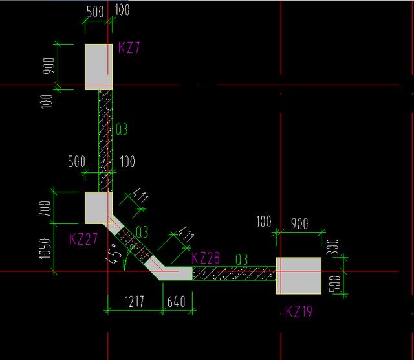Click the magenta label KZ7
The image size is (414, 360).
click(129, 49)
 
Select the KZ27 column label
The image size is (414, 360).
click(83, 238)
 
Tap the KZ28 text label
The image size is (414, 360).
click(206, 258)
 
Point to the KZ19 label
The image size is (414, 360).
click(299, 312)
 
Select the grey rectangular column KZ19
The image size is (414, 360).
click(299, 275)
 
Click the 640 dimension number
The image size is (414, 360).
click(177, 302)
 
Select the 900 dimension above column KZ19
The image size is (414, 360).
click(300, 224)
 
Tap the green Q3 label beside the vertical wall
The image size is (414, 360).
click(122, 129)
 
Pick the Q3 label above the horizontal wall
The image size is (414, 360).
click(242, 259)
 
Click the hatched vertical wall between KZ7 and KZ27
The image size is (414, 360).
click(105, 139)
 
